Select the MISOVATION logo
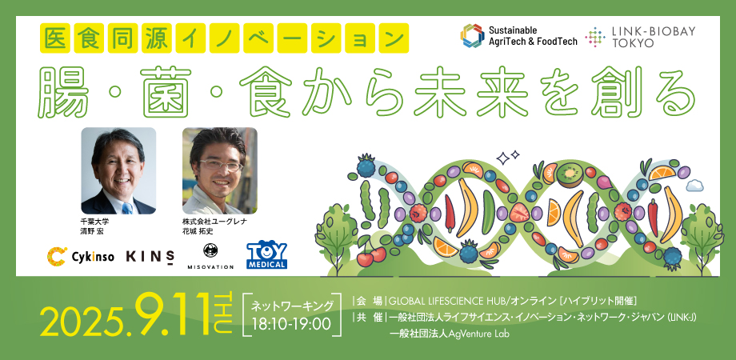210,256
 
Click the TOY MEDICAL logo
266,255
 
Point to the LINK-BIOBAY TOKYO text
640,37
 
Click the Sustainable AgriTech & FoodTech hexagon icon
472,36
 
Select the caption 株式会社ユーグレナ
214,222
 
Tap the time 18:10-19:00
291,324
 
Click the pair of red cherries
371,256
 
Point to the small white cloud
694,186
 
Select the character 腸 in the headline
63,92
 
